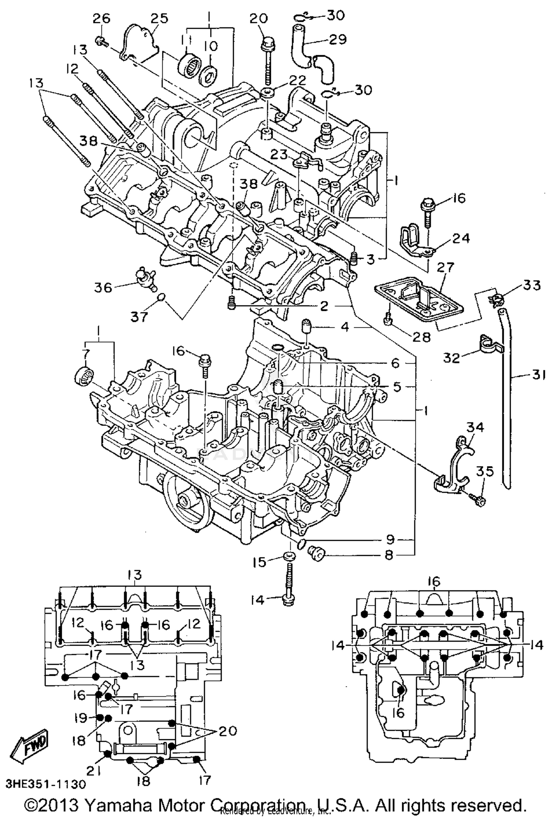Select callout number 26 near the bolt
point(101,19)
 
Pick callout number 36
point(103,287)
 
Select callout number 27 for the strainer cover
point(446,267)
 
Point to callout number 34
point(475,428)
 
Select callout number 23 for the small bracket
point(279,155)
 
